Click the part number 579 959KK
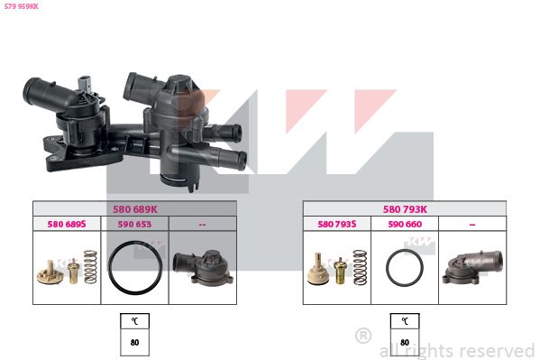coord(22,6)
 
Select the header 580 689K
coord(134,209)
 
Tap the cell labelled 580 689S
coord(67,224)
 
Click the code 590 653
coord(134,224)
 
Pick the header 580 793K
coord(405,209)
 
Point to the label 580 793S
coord(337,224)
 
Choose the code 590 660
coord(405,224)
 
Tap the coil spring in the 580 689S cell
coord(90,267)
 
